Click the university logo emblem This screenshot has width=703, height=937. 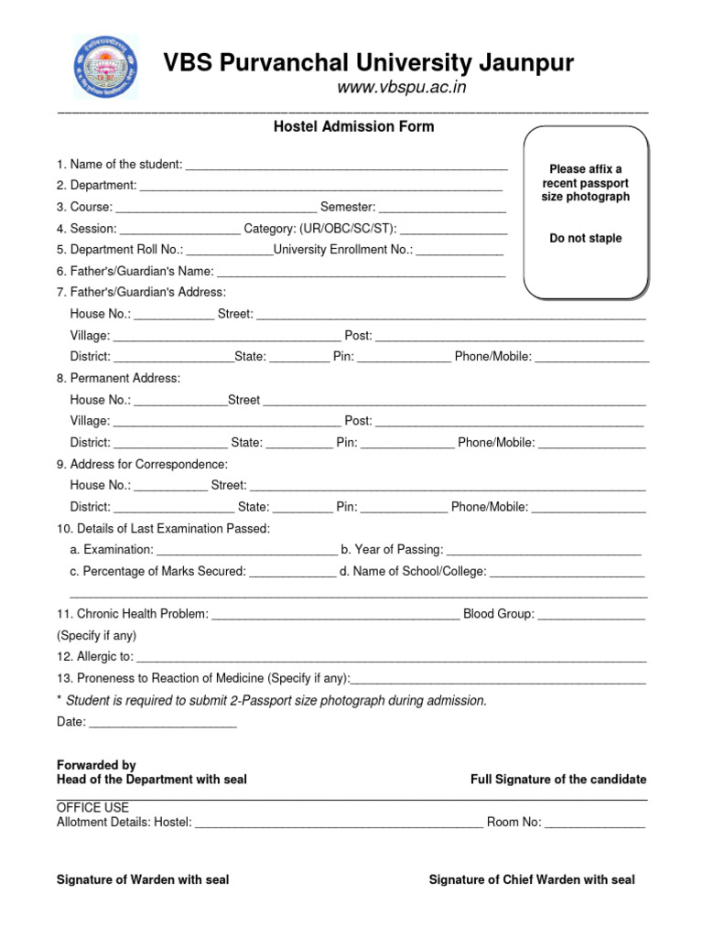[106, 68]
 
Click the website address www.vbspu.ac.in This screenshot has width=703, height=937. [402, 87]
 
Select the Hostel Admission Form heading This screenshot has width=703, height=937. [353, 126]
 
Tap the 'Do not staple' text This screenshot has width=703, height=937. [585, 238]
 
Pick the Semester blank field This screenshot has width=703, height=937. [442, 209]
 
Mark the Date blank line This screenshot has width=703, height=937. [163, 724]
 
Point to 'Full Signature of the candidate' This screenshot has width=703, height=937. [558, 780]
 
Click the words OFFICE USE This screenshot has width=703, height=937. [92, 808]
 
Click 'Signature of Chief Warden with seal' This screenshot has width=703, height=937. [532, 879]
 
